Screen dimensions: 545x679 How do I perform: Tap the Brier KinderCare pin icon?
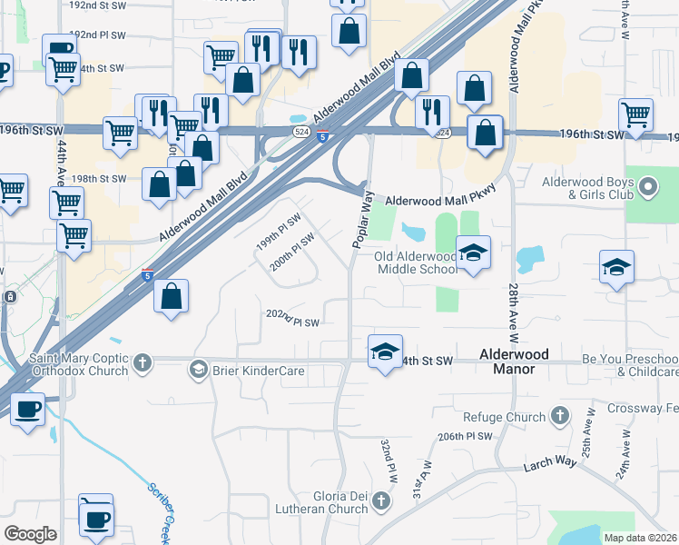click(198, 369)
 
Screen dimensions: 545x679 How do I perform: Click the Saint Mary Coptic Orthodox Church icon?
click(141, 364)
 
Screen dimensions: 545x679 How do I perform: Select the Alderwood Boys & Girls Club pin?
click(647, 188)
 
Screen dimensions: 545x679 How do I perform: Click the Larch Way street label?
click(549, 464)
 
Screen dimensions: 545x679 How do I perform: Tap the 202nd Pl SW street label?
click(292, 318)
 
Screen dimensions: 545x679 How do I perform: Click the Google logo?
click(30, 534)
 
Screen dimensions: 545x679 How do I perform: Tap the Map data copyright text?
click(640, 538)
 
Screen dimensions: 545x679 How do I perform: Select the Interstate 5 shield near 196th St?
click(323, 137)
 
